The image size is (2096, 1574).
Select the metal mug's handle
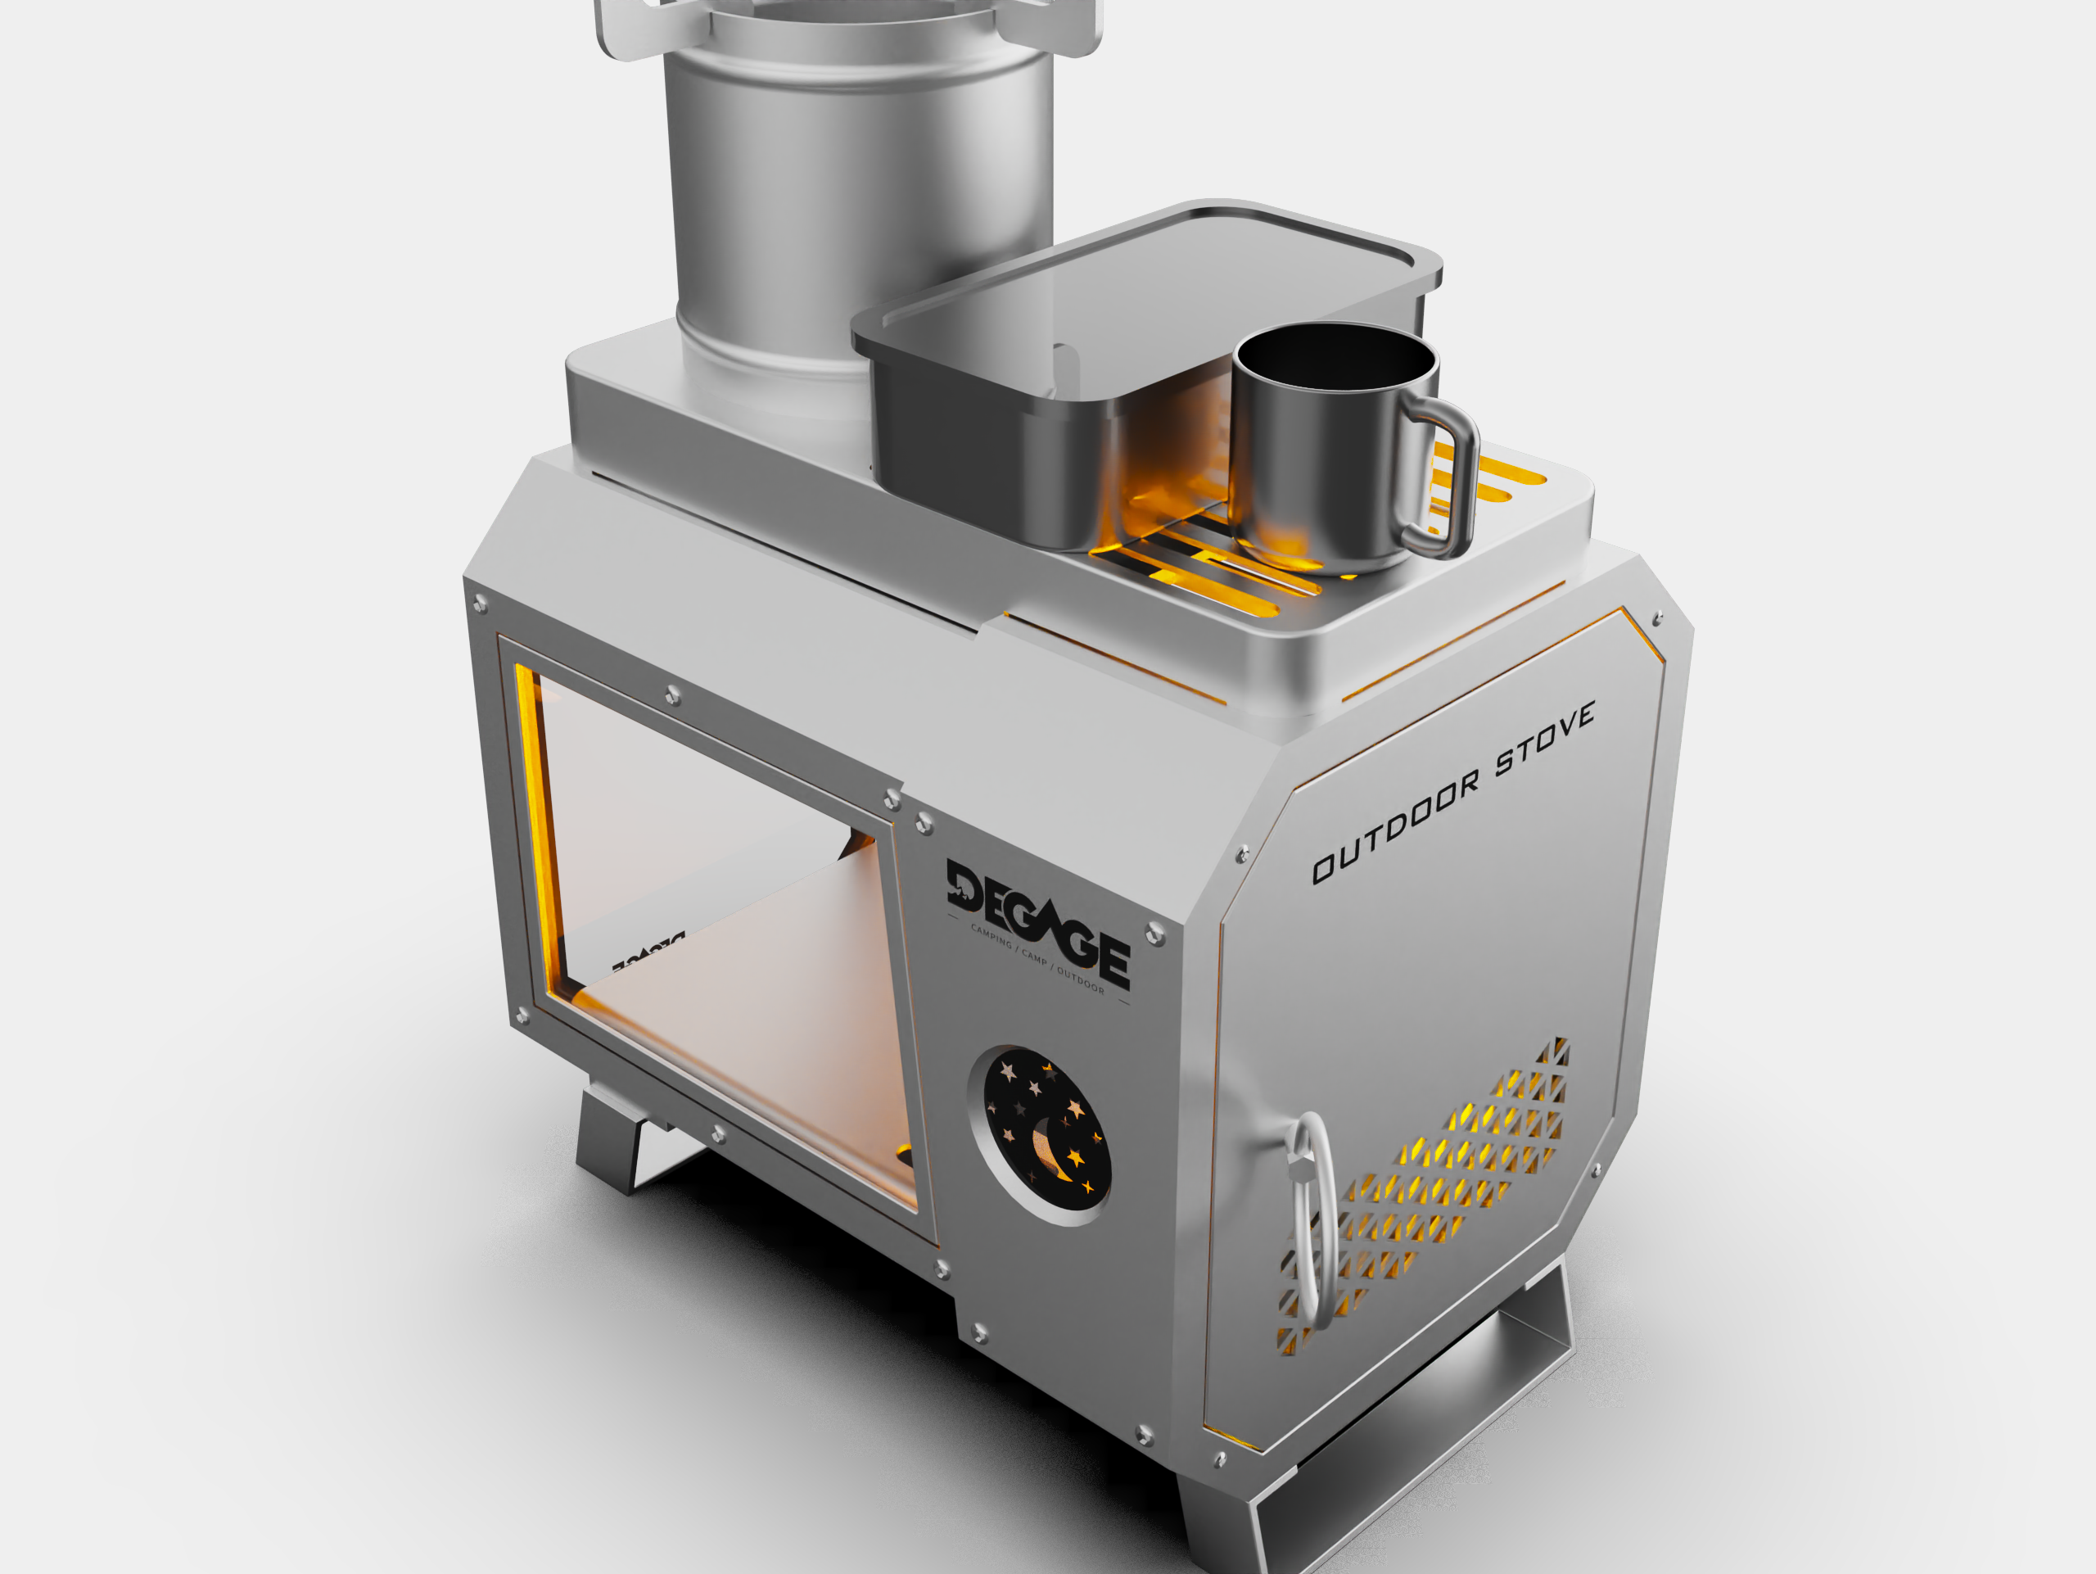click(x=1445, y=478)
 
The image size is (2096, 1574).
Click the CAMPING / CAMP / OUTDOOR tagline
click(x=1037, y=960)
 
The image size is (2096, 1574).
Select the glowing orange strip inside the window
click(x=538, y=815)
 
